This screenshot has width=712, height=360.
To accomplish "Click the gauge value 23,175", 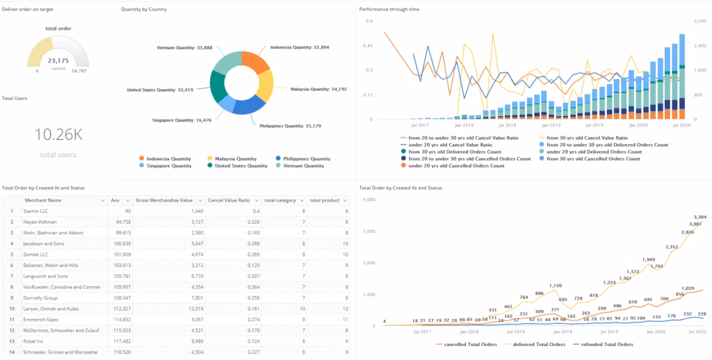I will pyautogui.click(x=58, y=60).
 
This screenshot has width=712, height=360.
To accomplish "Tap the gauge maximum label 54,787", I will pyautogui.click(x=79, y=71).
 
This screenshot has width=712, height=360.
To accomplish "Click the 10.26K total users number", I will pyautogui.click(x=58, y=135).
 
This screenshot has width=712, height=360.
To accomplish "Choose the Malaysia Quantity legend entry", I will pyautogui.click(x=236, y=158).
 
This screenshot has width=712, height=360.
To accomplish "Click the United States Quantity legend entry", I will pyautogui.click(x=240, y=165).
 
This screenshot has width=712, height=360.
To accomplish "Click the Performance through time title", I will pyautogui.click(x=389, y=9).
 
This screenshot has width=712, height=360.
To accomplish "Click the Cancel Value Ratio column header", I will pyautogui.click(x=229, y=200).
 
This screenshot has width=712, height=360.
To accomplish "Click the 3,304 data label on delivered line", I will pyautogui.click(x=698, y=218).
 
